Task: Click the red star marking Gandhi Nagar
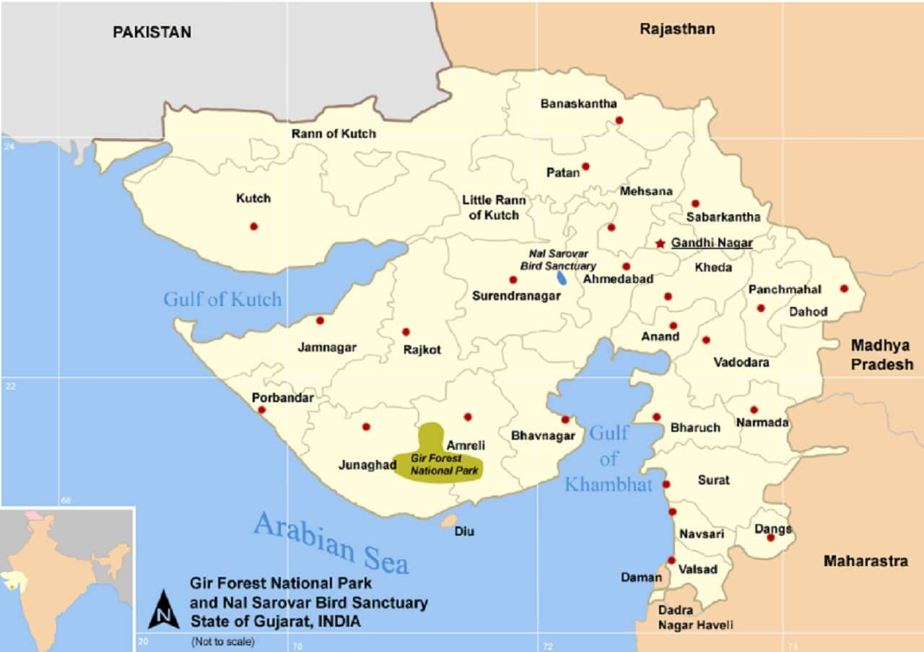point(660,244)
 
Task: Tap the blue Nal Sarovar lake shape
point(562,277)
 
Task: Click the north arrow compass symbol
point(164,610)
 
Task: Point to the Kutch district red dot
point(253,226)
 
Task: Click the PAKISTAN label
point(152,32)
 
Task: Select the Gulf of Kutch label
point(222,299)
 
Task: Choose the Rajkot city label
point(422,349)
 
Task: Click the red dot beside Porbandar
point(261,410)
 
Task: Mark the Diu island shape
point(449,521)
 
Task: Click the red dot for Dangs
point(770,537)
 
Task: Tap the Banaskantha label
point(578,104)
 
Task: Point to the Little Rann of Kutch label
point(494,207)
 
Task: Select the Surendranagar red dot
point(513,279)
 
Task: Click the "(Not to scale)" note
point(222,641)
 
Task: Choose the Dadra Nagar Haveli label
point(695,617)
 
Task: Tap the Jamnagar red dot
point(320,320)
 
